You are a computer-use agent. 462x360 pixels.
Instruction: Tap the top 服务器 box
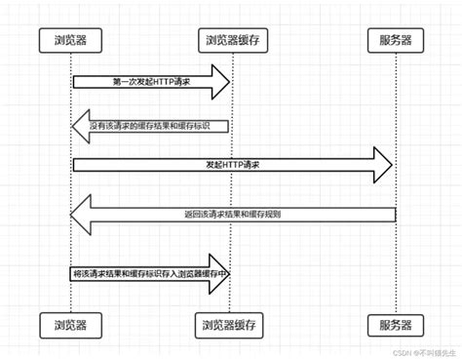click(x=396, y=41)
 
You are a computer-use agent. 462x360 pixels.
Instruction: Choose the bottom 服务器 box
click(x=396, y=323)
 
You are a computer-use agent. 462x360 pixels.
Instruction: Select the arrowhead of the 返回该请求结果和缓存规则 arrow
click(x=83, y=213)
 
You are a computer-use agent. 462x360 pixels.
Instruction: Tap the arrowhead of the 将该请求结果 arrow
click(x=221, y=274)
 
